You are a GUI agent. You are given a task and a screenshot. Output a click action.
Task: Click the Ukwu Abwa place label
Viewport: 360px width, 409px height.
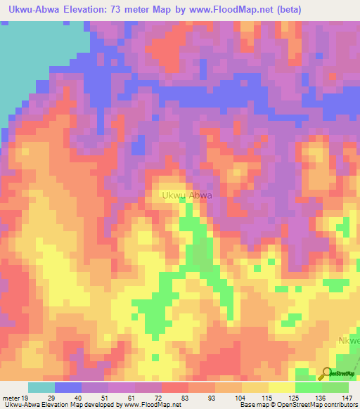186,196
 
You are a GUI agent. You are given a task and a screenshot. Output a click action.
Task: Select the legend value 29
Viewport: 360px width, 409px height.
55,398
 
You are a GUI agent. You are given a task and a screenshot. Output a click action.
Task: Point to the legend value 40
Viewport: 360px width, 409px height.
82,398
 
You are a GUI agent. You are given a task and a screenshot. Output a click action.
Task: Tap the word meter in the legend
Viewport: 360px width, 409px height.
11,398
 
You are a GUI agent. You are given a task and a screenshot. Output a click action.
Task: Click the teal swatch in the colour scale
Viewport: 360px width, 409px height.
41,387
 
